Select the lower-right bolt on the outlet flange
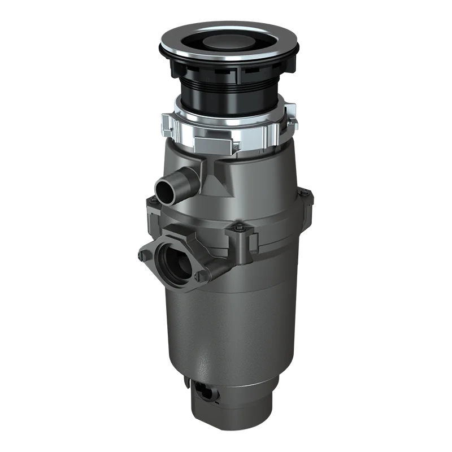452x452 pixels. [198, 276]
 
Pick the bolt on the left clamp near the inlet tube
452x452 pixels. [150, 199]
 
